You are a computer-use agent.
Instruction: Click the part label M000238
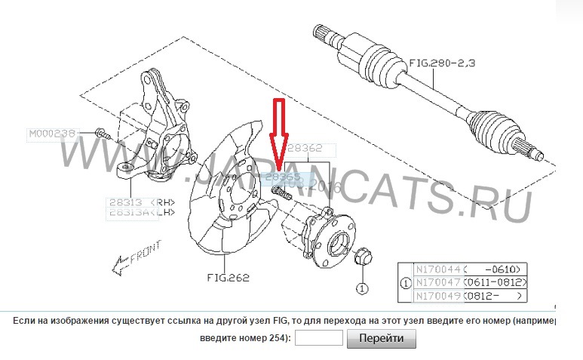52,134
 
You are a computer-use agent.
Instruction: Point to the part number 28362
305,149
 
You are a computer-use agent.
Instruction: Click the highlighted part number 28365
283,177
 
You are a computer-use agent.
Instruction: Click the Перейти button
381,340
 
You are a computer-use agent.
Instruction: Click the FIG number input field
318,340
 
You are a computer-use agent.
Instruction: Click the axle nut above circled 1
361,257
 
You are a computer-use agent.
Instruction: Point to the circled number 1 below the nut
361,288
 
